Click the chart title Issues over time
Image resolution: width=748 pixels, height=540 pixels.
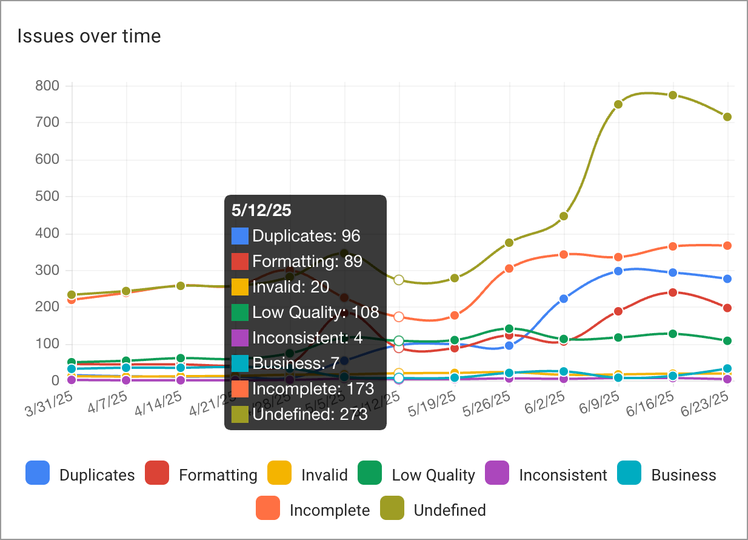pos(89,36)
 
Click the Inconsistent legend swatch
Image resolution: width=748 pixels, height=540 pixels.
pos(498,473)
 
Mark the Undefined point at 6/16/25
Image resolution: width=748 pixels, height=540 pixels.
pos(673,95)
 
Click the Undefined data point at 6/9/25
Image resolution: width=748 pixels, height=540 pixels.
pos(618,104)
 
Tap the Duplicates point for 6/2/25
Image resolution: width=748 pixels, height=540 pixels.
pos(564,299)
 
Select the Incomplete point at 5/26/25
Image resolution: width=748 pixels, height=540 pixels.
pos(509,268)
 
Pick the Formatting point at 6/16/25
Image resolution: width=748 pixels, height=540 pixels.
pos(673,292)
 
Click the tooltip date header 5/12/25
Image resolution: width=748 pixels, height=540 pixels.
pos(261,211)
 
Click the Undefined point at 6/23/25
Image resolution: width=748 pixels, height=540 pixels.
pos(727,116)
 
